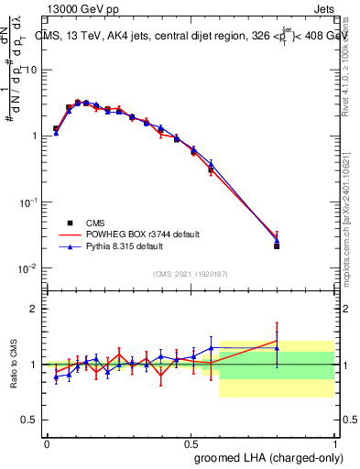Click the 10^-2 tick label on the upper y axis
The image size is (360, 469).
(x=27, y=268)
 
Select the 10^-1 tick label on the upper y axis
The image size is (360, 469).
(x=27, y=202)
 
